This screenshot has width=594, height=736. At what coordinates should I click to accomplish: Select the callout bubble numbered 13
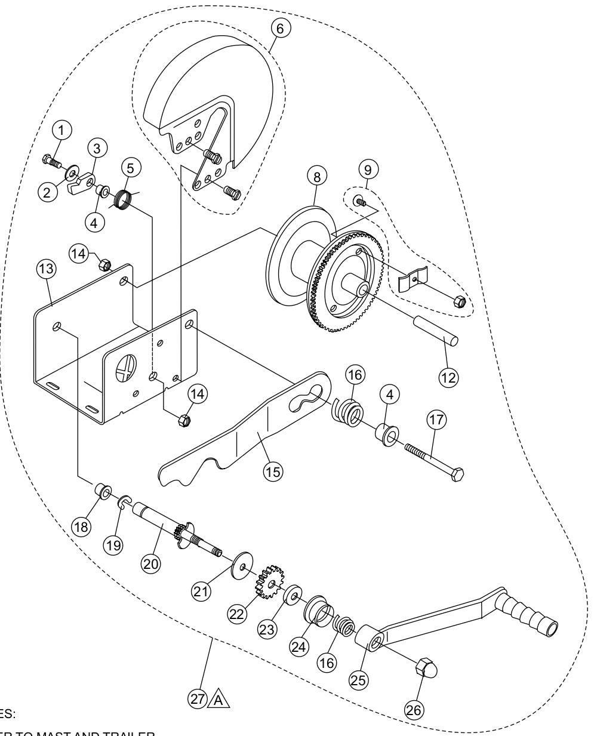(x=46, y=269)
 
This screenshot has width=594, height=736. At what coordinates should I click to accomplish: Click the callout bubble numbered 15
(x=274, y=470)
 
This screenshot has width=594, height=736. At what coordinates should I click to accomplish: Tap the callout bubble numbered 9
(x=368, y=170)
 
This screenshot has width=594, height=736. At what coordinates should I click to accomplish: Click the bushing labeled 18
(x=101, y=492)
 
